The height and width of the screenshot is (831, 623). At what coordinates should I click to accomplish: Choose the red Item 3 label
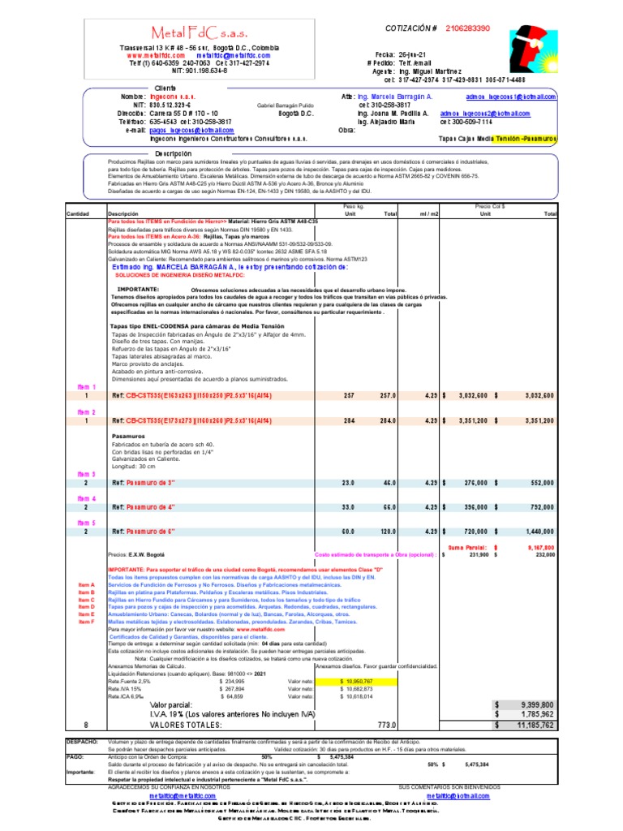click(x=86, y=474)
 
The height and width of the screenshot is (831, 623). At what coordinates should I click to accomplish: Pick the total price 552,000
click(x=541, y=482)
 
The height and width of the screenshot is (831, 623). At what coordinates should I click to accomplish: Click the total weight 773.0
click(x=386, y=725)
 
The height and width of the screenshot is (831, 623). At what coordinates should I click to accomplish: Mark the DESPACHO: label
click(x=82, y=742)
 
